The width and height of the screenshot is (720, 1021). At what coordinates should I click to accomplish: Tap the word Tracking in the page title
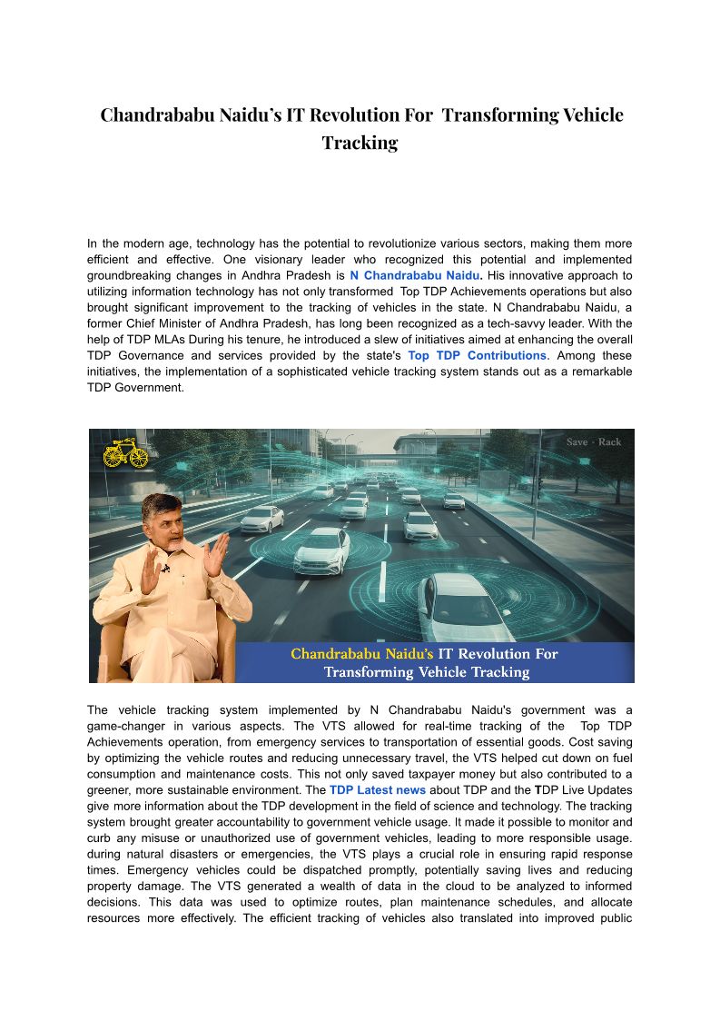pos(360,143)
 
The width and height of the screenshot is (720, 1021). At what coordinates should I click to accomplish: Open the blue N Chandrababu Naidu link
pos(414,274)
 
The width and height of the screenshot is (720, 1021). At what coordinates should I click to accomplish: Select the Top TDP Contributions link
pos(477,355)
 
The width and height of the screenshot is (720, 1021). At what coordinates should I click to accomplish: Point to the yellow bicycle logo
pos(125,453)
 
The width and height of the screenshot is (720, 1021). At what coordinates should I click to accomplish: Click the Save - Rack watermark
pos(594,442)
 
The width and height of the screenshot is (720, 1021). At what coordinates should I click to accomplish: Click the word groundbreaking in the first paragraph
pos(128,274)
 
